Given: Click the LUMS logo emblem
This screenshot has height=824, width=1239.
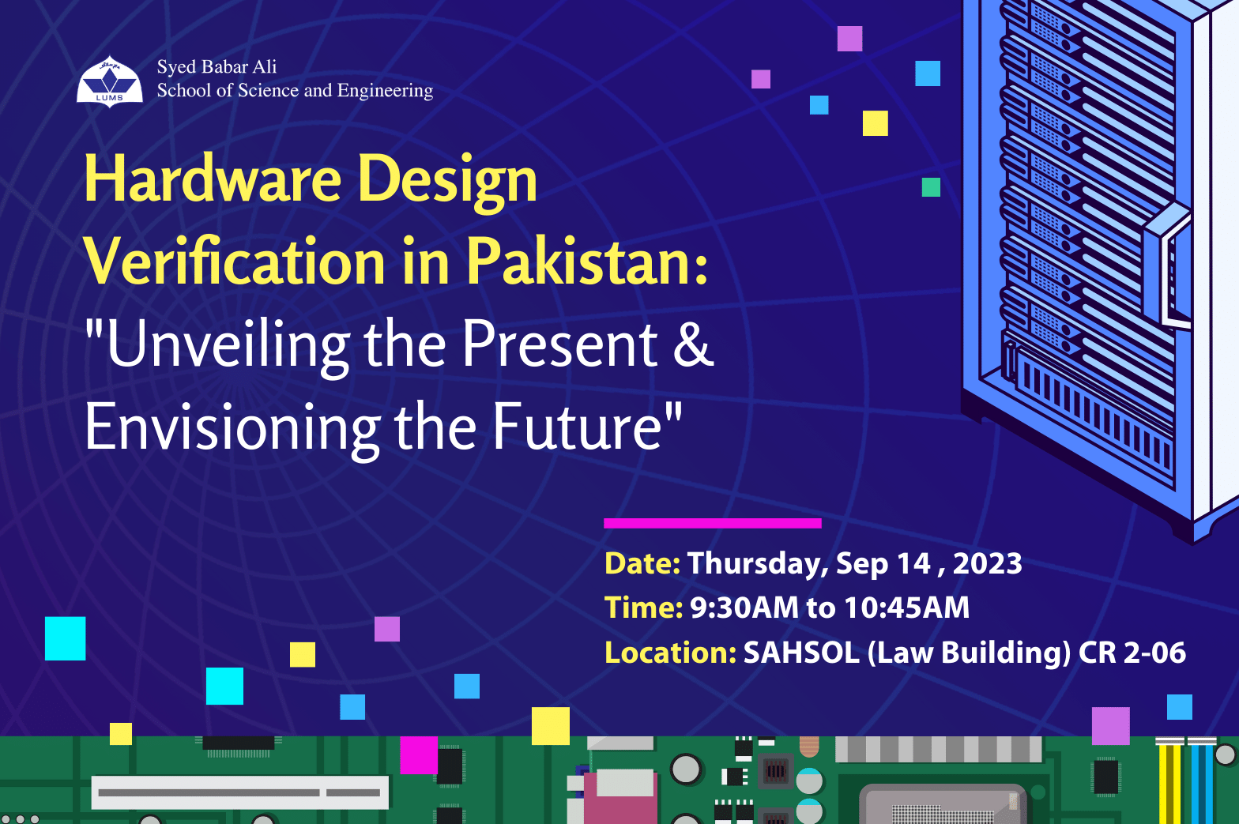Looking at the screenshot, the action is [110, 81].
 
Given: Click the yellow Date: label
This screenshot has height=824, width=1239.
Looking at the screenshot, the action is [642, 563].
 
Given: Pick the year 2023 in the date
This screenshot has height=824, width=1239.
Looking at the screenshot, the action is [988, 563].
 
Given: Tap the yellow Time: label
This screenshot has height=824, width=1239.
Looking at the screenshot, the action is [644, 608].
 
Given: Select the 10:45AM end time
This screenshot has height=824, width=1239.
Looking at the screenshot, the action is [907, 608].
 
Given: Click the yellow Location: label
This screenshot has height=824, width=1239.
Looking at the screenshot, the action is [670, 653].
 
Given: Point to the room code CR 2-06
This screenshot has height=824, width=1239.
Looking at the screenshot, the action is [1132, 653].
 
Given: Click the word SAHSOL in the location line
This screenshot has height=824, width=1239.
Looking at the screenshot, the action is [801, 653].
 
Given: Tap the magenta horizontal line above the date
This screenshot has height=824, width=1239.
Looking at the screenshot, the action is [713, 523].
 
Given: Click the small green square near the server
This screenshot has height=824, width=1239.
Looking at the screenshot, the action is [931, 187].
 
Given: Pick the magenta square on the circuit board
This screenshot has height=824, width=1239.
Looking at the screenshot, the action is [419, 755].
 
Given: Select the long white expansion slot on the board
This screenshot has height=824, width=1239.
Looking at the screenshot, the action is [240, 792].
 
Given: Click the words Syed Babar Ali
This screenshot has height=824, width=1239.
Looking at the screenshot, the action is [217, 67].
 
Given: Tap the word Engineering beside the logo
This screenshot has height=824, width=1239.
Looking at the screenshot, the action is [385, 91].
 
